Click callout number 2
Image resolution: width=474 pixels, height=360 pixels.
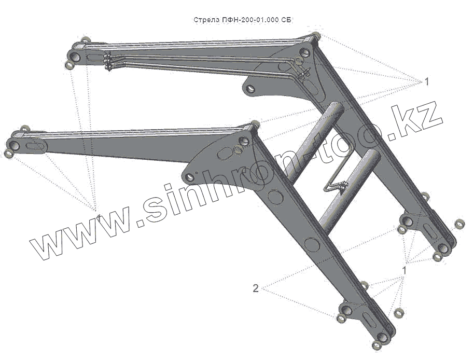pyautogui.click(x=256, y=288)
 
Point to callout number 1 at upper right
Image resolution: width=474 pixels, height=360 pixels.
pyautogui.click(x=426, y=81)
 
